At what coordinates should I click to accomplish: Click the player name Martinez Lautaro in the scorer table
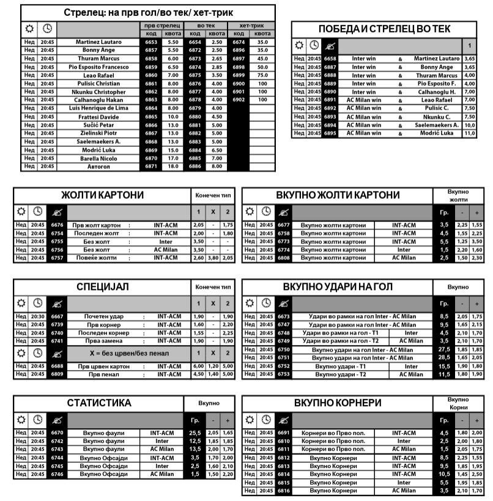pos(98,42)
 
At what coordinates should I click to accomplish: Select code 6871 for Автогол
pos(151,166)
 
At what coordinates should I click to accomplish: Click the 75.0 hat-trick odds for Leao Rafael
pos(262,75)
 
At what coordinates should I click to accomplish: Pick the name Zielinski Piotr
pos(98,133)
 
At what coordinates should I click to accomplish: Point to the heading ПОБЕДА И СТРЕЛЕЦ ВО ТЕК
pos(385,29)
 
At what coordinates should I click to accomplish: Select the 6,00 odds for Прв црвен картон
pos(198,366)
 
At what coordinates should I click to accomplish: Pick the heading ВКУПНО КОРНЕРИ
pos(338,404)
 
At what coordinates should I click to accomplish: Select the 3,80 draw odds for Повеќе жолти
pos(213,258)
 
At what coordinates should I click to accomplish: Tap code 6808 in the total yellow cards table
pos(283,258)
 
